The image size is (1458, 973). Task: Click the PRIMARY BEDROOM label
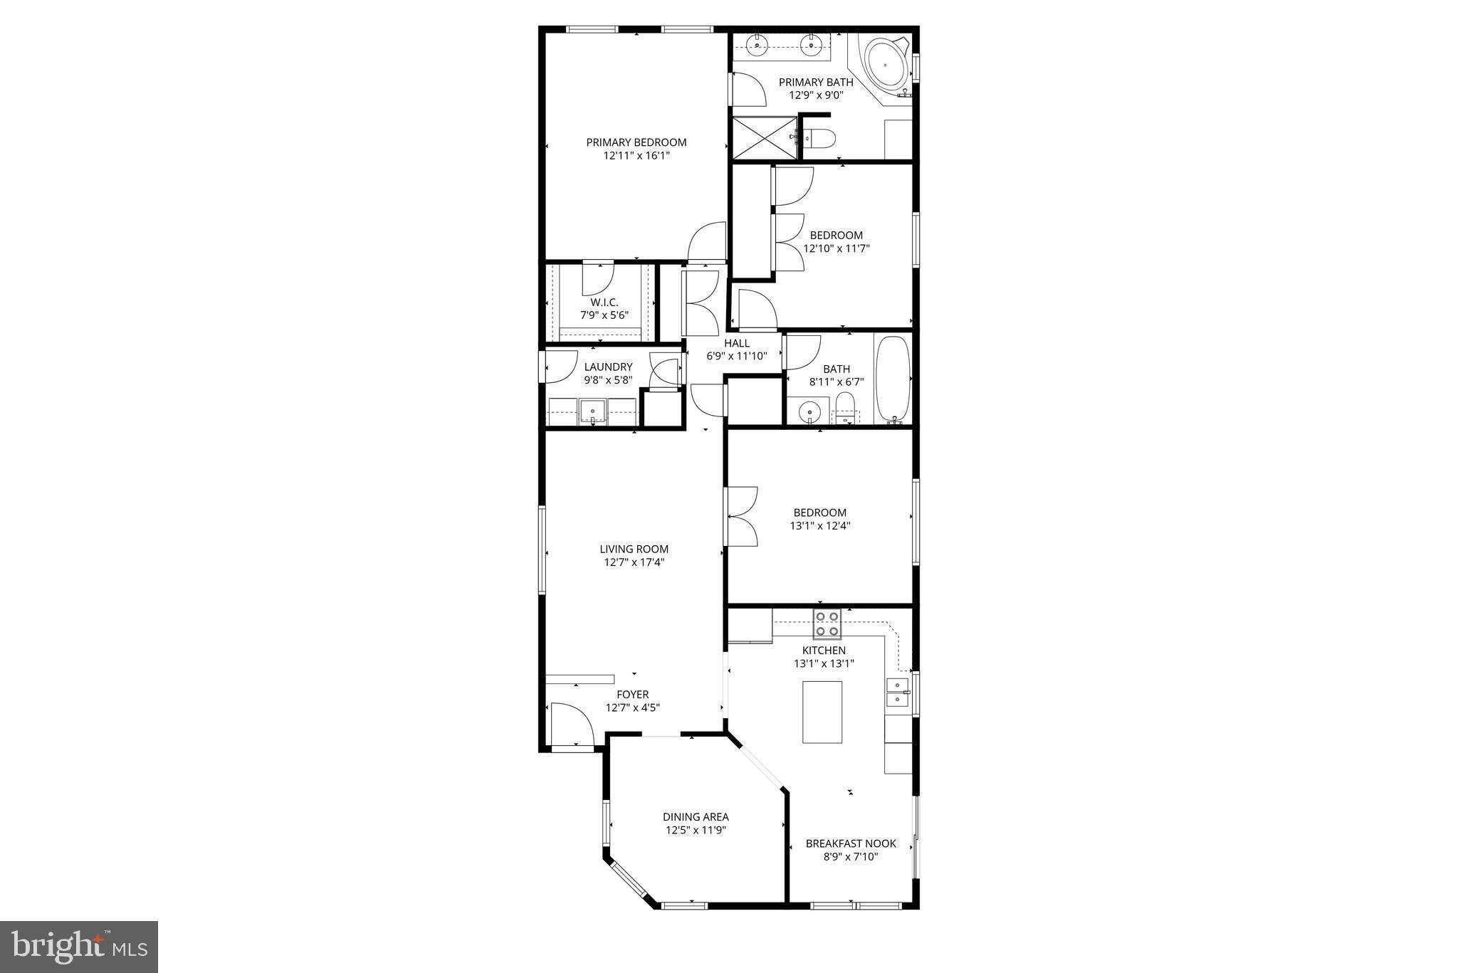pyautogui.click(x=636, y=142)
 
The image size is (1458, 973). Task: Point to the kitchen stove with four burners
pyautogui.click(x=827, y=624)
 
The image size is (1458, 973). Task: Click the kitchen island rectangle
pyautogui.click(x=822, y=712)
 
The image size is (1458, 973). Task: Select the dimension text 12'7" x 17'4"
pyautogui.click(x=634, y=562)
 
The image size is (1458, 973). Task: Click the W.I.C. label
pyautogui.click(x=604, y=303)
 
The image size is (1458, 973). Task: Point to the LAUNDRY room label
pyautogui.click(x=608, y=367)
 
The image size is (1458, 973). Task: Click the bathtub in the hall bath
pyautogui.click(x=892, y=379)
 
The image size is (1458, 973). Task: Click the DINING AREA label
pyautogui.click(x=696, y=817)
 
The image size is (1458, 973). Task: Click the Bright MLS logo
pyautogui.click(x=78, y=947)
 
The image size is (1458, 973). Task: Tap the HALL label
pyautogui.click(x=737, y=343)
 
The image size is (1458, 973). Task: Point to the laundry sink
pyautogui.click(x=592, y=412)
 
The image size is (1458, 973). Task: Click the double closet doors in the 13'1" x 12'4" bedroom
pyautogui.click(x=741, y=516)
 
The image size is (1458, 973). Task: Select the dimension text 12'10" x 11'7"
pyautogui.click(x=836, y=248)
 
